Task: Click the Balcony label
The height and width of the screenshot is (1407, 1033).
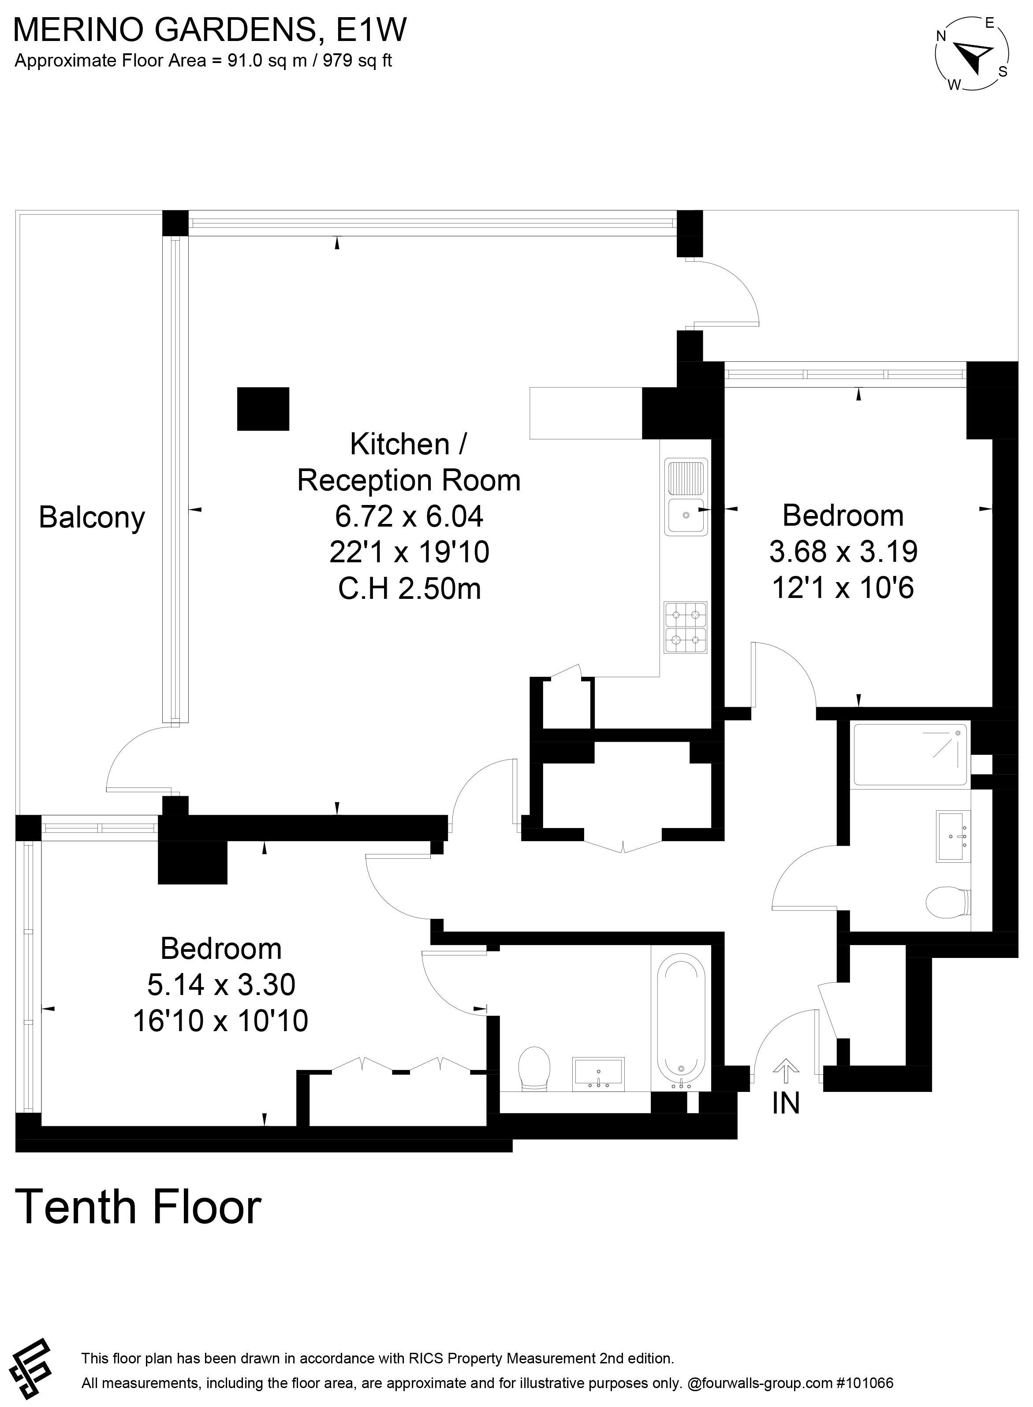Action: point(92,518)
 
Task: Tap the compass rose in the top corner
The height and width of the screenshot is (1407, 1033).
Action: point(972,56)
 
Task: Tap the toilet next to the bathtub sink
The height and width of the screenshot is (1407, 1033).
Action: point(535,1069)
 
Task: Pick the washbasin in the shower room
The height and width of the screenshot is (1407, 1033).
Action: point(953,836)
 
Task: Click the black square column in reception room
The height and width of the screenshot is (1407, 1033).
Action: point(263,409)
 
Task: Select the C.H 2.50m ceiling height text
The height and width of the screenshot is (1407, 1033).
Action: point(410,589)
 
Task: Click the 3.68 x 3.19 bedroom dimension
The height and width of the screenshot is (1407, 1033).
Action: point(843,551)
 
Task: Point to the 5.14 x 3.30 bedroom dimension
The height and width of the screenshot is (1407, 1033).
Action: point(221,984)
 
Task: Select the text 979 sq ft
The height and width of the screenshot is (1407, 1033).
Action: point(357,61)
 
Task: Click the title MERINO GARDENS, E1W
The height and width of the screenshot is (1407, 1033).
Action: point(211,30)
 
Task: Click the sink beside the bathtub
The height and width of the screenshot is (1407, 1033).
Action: point(598,1074)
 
